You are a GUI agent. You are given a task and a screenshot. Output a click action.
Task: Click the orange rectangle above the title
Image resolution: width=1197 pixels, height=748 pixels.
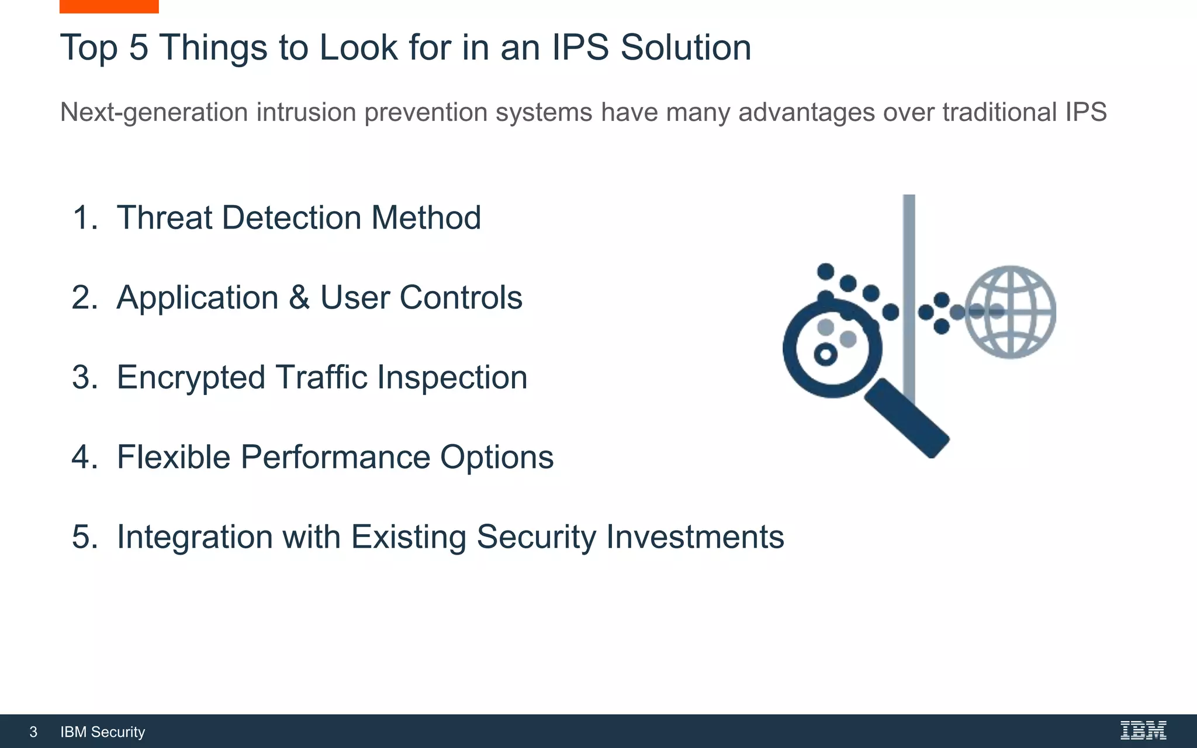(x=109, y=6)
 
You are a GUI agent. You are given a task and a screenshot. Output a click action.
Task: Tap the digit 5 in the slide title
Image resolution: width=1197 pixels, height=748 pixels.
(x=139, y=47)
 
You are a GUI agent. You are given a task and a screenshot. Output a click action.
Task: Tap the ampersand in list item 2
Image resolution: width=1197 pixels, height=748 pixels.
(x=299, y=297)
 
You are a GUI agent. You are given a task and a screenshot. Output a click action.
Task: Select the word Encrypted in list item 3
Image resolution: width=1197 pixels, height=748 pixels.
(x=191, y=378)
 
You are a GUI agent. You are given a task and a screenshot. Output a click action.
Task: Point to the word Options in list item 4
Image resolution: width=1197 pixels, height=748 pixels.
(x=496, y=457)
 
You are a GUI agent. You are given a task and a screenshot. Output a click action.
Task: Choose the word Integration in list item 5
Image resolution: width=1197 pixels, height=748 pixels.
(x=195, y=536)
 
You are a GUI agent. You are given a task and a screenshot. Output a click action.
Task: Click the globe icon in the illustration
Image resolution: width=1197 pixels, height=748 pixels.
(x=1010, y=312)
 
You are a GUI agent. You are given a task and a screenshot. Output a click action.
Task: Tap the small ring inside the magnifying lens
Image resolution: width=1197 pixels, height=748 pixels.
(x=825, y=354)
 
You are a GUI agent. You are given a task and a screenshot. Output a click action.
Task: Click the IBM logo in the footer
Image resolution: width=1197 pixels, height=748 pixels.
(x=1143, y=730)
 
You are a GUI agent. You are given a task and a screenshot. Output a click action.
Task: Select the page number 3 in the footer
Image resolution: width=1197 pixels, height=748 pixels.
(x=33, y=732)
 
